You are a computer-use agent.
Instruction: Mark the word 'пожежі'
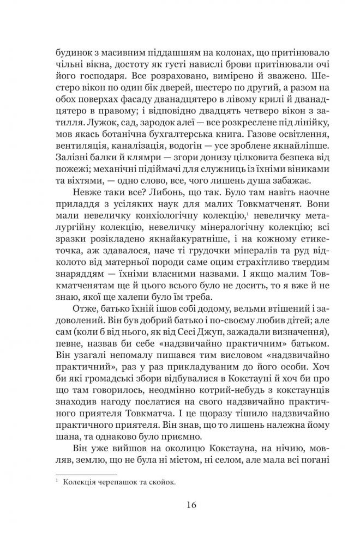pyautogui.click(x=71, y=177)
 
